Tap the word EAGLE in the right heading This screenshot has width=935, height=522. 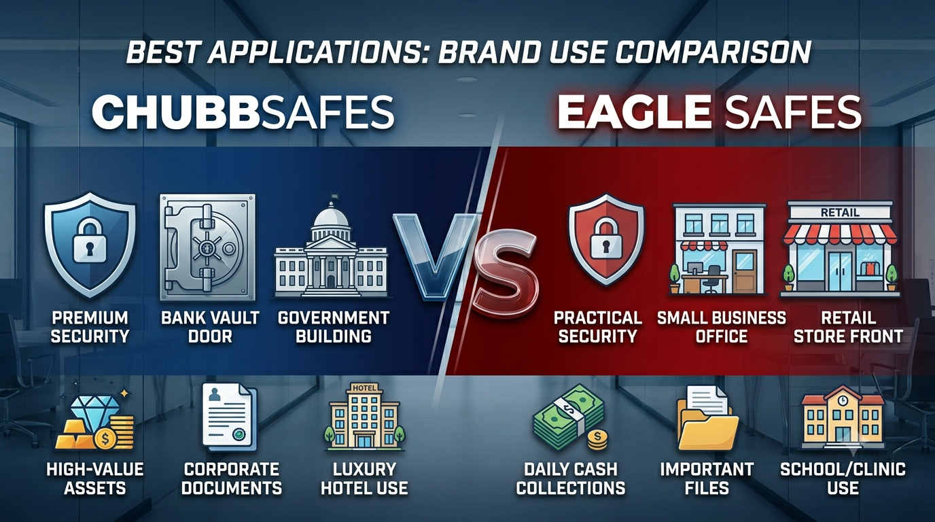coord(633,113)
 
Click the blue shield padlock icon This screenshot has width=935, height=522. coord(90,245)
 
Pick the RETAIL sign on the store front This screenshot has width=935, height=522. coord(840,213)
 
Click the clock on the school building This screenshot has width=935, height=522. coord(843,400)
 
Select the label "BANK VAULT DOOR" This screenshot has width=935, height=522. coord(210,327)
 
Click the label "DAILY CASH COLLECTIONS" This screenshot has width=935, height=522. coord(570,478)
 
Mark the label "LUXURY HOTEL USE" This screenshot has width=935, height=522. coord(364,478)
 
